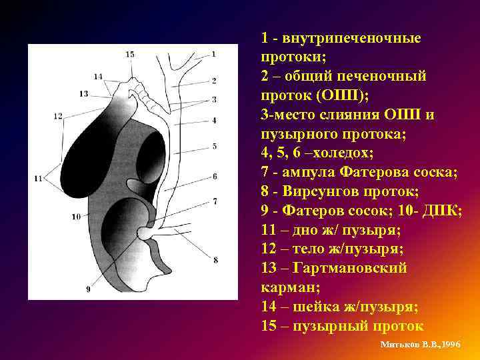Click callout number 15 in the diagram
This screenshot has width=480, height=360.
click(x=129, y=54)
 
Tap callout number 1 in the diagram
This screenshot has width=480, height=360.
click(x=214, y=54)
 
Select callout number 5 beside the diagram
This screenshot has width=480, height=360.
click(x=215, y=145)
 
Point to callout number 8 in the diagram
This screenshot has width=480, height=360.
click(x=215, y=259)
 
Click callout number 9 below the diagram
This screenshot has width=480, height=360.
click(x=88, y=289)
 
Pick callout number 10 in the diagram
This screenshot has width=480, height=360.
click(x=75, y=216)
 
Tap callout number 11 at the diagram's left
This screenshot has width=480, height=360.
click(x=37, y=178)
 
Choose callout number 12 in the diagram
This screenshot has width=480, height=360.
click(x=58, y=116)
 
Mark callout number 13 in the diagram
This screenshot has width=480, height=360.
click(x=83, y=94)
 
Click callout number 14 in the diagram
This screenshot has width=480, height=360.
click(x=98, y=77)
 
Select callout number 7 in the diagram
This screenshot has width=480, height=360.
click(x=215, y=201)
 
